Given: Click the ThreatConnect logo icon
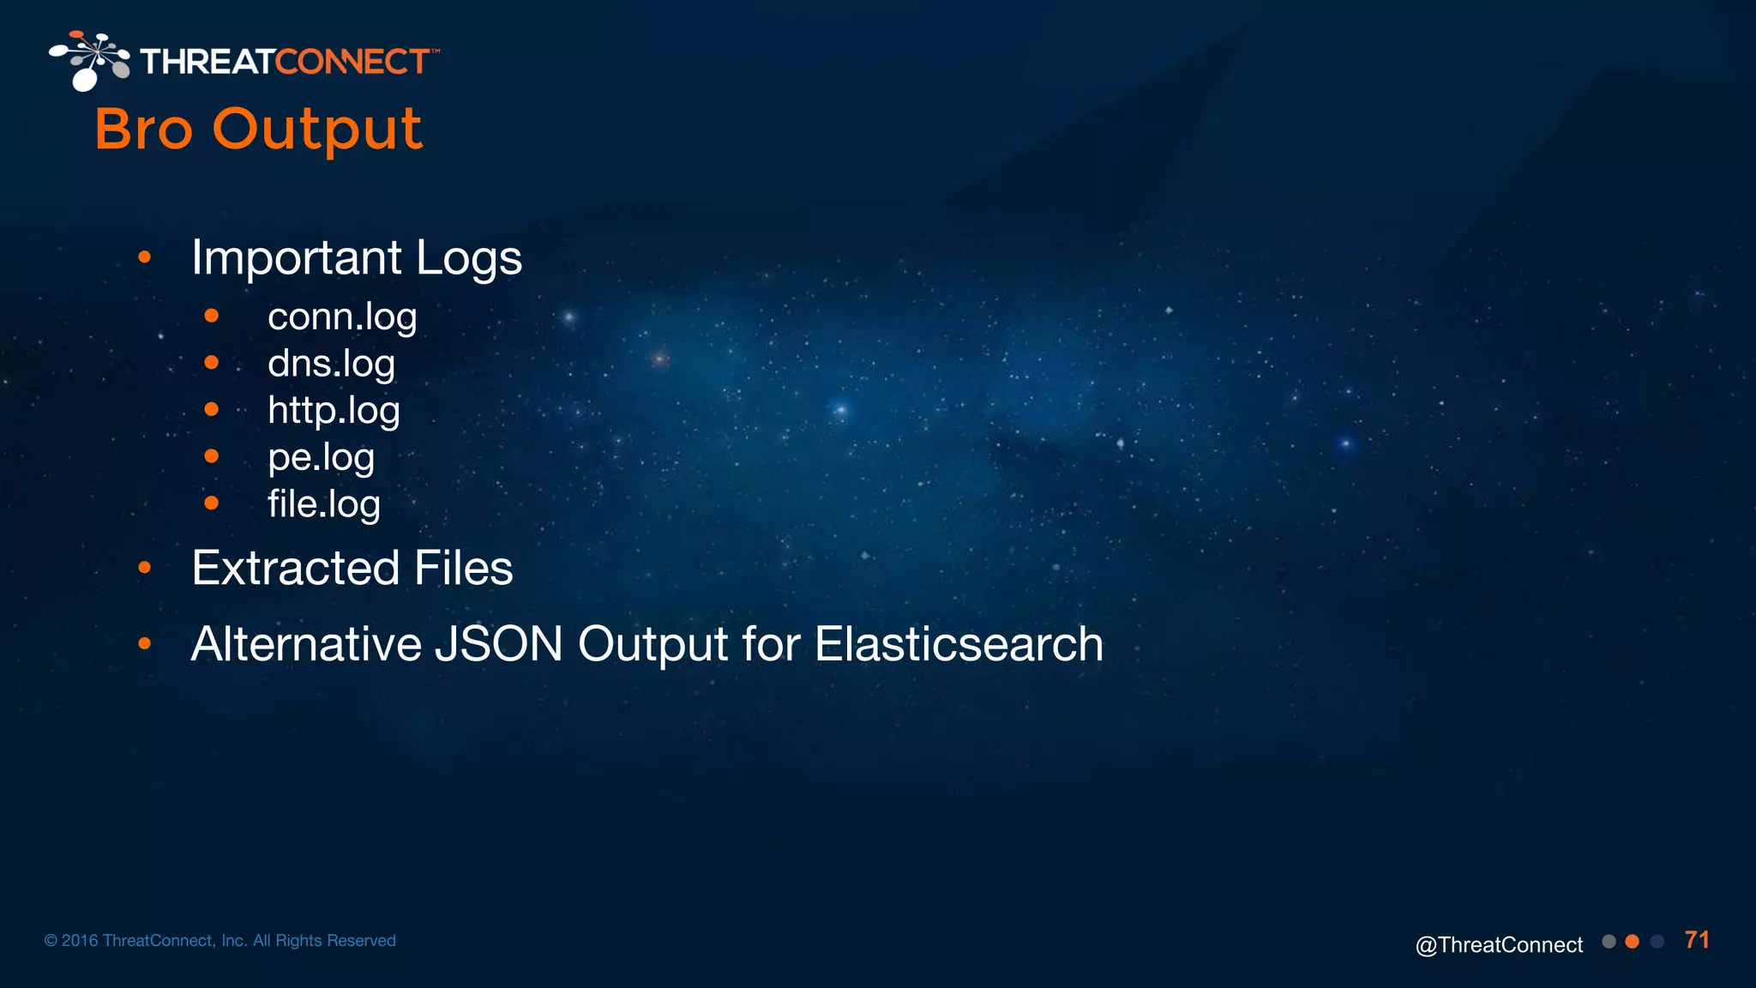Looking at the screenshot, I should click(x=88, y=60).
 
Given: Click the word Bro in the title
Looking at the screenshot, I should click(x=143, y=130).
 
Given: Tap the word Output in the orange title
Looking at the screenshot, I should click(x=317, y=130).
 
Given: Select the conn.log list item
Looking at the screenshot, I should click(x=342, y=316).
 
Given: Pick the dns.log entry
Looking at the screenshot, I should click(x=331, y=364).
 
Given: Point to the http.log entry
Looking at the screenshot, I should click(x=334, y=410).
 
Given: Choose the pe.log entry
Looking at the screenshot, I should click(x=321, y=457).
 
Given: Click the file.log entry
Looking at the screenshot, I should click(x=323, y=503).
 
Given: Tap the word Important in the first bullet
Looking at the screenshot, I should click(x=297, y=257).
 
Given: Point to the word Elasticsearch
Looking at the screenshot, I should click(x=959, y=644).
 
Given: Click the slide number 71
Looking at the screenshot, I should click(x=1697, y=940).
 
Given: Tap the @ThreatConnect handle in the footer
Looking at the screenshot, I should click(x=1499, y=944).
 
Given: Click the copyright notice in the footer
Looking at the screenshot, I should click(x=220, y=941).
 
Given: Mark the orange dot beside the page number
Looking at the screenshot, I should click(x=1633, y=942).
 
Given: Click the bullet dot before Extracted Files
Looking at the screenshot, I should click(x=145, y=568).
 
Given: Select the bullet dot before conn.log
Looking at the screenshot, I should click(x=212, y=316).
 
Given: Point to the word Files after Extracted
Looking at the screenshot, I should click(x=463, y=568).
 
